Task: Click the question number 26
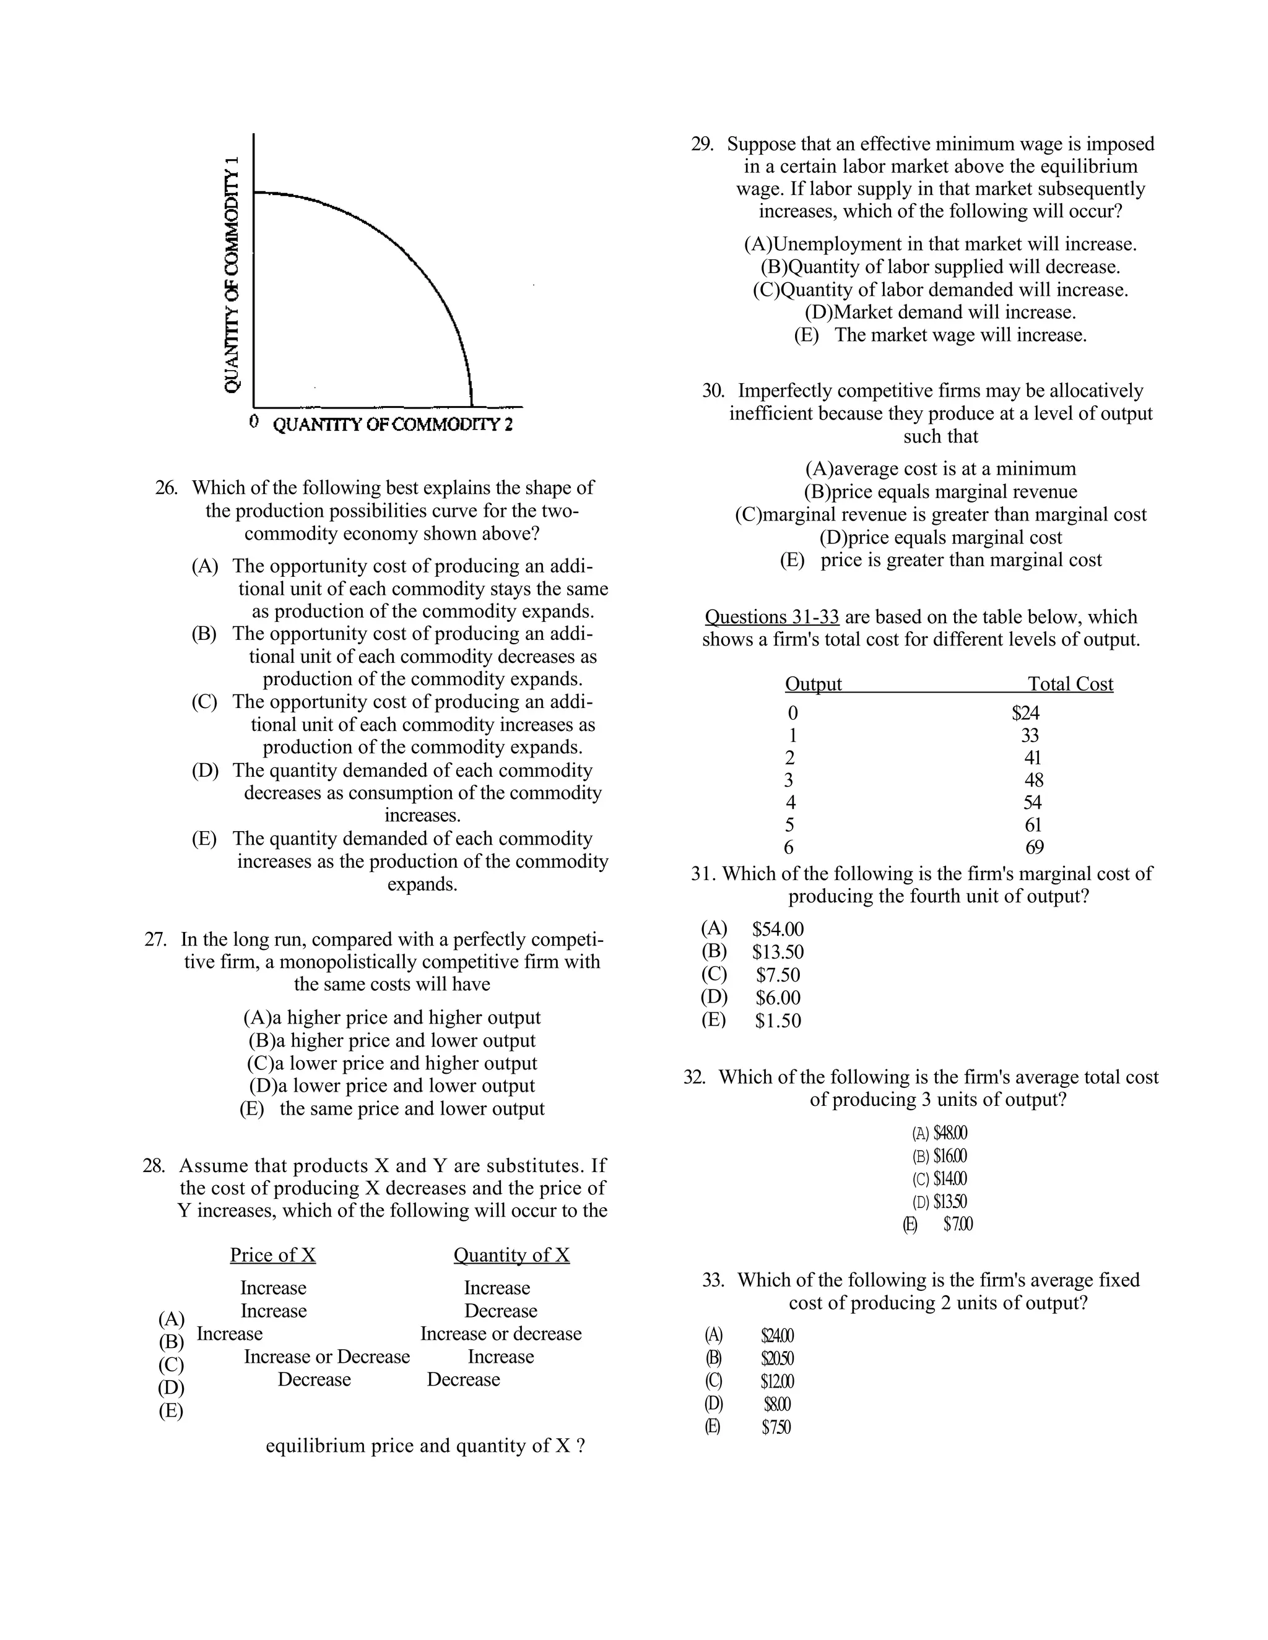pos(166,488)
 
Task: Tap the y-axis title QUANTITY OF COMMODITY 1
pos(233,275)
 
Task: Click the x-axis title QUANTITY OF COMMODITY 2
pos(392,425)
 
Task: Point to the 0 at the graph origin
pos(254,421)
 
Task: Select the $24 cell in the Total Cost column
pos(1025,712)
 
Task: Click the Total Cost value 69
pos(1035,848)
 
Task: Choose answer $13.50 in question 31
pos(778,952)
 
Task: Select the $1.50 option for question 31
pos(778,1021)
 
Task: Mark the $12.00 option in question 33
pos(777,1382)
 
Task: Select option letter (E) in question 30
pos(792,560)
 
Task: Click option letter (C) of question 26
pos(204,702)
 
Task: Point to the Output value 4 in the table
pos(790,803)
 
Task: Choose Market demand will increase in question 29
pos(940,313)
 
